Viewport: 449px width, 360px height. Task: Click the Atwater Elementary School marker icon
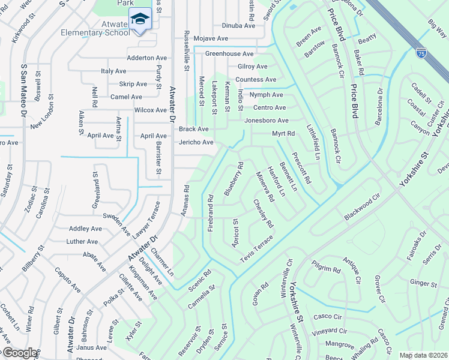click(x=140, y=19)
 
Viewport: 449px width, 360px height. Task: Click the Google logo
click(x=19, y=353)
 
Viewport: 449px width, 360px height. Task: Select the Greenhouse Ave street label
click(x=229, y=53)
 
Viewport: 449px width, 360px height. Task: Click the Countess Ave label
click(x=256, y=79)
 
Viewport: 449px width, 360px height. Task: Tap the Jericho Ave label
click(x=196, y=142)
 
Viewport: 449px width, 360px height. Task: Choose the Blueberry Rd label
click(x=234, y=178)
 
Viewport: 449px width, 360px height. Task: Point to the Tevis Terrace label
click(x=256, y=247)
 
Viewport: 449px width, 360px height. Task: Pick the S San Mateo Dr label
click(x=25, y=90)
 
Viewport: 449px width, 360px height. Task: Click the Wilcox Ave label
click(x=150, y=110)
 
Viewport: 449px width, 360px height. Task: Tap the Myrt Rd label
click(x=283, y=133)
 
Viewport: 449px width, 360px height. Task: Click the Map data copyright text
click(x=423, y=355)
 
